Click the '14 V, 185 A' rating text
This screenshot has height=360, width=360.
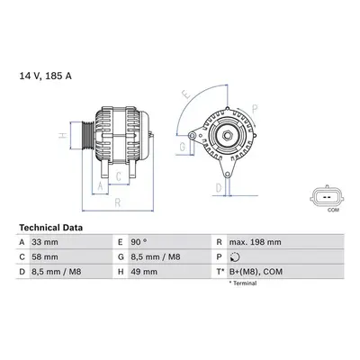tap(46, 76)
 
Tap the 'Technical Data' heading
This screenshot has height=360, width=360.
tap(50, 228)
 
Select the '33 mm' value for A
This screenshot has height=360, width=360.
tap(45, 242)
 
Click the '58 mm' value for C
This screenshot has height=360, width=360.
tap(45, 257)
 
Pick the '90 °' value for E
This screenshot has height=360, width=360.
tap(139, 242)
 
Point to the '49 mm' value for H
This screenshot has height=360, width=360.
tap(144, 272)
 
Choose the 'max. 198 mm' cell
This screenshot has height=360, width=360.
tap(256, 242)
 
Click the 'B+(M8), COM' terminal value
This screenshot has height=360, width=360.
tap(256, 272)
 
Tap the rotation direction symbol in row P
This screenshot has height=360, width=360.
tap(234, 257)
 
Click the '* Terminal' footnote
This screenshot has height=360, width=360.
tap(243, 283)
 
